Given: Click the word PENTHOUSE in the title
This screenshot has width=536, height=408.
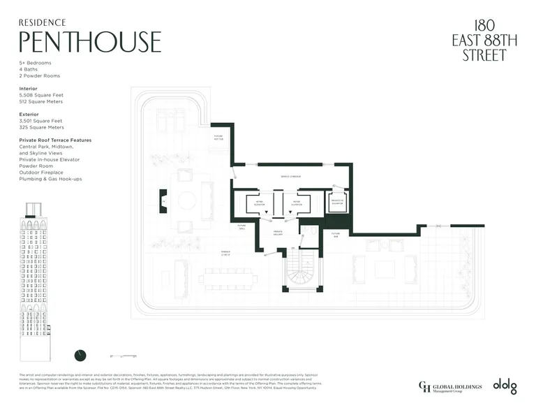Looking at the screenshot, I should [x=90, y=42].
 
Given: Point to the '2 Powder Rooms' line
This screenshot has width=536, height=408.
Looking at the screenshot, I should [x=39, y=75].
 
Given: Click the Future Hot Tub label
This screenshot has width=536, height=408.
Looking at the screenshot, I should [x=218, y=138].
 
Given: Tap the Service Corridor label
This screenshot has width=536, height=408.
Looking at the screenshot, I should [x=290, y=176].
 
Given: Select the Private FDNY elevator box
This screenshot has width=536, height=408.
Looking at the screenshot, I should [x=337, y=203].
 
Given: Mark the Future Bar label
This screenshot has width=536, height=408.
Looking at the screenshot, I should [x=335, y=235].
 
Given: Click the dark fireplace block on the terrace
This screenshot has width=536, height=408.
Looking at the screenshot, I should [x=163, y=201].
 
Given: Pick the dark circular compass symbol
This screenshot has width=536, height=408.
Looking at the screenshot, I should [x=80, y=356].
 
